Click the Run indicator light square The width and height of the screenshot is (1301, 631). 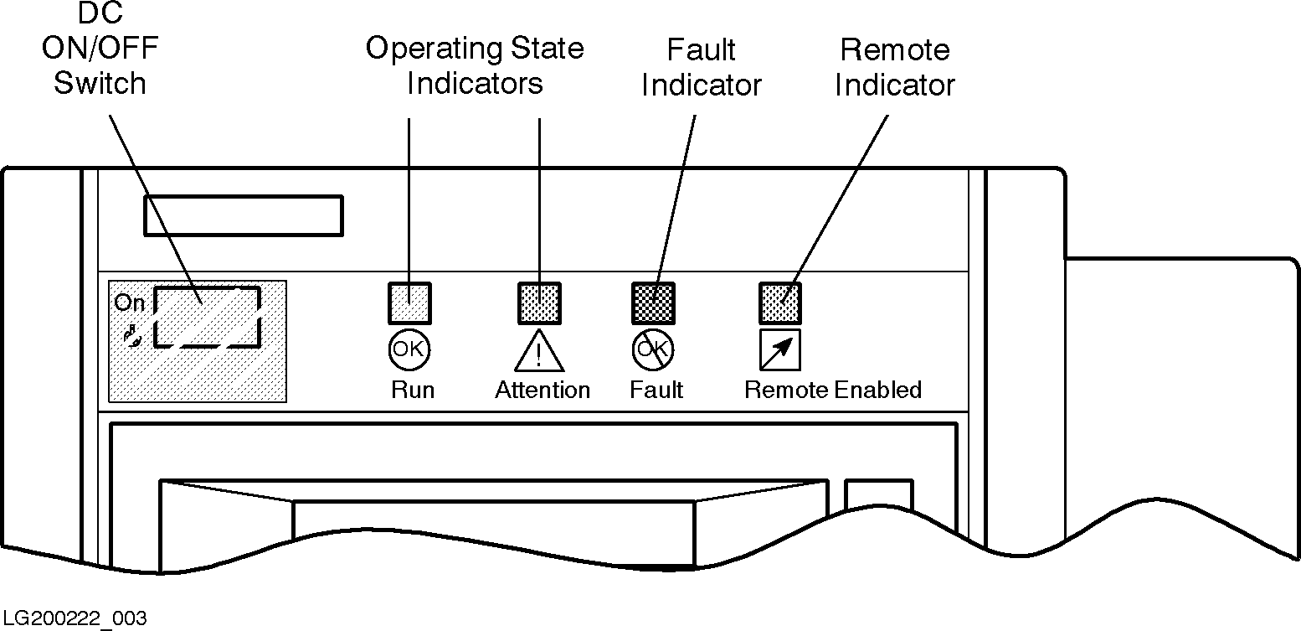(x=410, y=303)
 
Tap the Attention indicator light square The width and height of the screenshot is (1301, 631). (x=539, y=303)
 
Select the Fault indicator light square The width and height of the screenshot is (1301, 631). (x=653, y=303)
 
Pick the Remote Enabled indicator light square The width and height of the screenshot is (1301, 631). (x=780, y=303)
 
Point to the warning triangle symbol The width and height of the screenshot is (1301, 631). (x=539, y=353)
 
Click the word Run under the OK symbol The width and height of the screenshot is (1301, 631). (x=413, y=390)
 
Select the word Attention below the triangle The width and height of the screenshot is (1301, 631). (x=543, y=390)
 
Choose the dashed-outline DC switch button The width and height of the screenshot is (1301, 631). (x=208, y=316)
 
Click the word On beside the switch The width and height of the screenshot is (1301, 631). (x=130, y=303)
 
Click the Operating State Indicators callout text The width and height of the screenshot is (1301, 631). (x=475, y=65)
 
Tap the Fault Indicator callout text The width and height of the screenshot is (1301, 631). (x=702, y=67)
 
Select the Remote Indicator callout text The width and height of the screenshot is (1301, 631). (x=895, y=67)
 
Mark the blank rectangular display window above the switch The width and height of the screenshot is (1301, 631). (x=243, y=216)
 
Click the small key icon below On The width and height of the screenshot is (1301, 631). (x=131, y=336)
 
